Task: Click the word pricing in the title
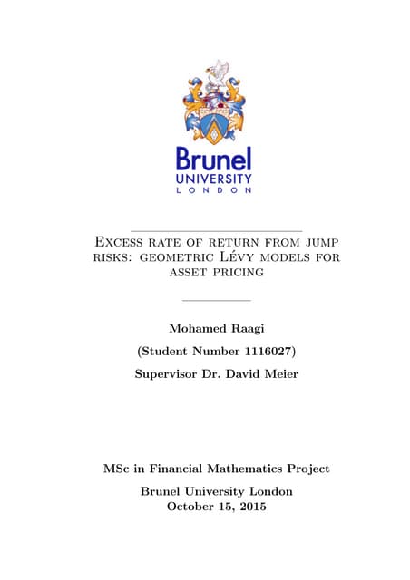point(239,271)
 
